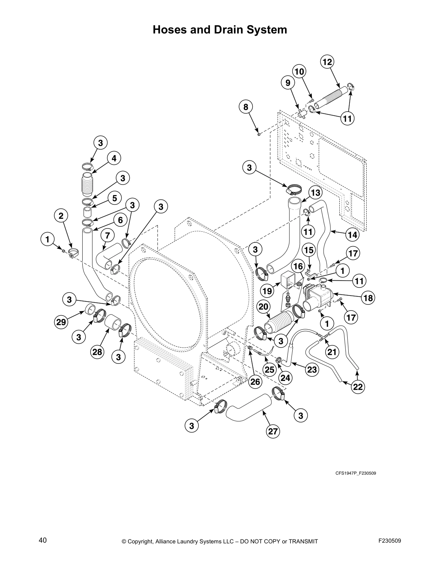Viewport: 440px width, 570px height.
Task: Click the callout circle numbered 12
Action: tap(327, 62)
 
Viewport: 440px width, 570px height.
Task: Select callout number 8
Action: tap(246, 107)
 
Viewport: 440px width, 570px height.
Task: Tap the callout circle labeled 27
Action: tap(273, 431)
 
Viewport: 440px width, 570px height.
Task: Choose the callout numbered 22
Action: tap(358, 387)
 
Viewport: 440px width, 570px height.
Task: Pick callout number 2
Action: tap(61, 216)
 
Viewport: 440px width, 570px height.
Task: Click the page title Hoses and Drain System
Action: tap(220, 30)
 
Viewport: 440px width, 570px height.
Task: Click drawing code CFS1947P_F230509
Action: tap(356, 473)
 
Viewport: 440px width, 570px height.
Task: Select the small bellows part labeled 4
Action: tap(87, 185)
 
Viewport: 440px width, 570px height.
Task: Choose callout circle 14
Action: tap(353, 235)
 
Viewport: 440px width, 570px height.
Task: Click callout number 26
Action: tap(255, 381)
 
